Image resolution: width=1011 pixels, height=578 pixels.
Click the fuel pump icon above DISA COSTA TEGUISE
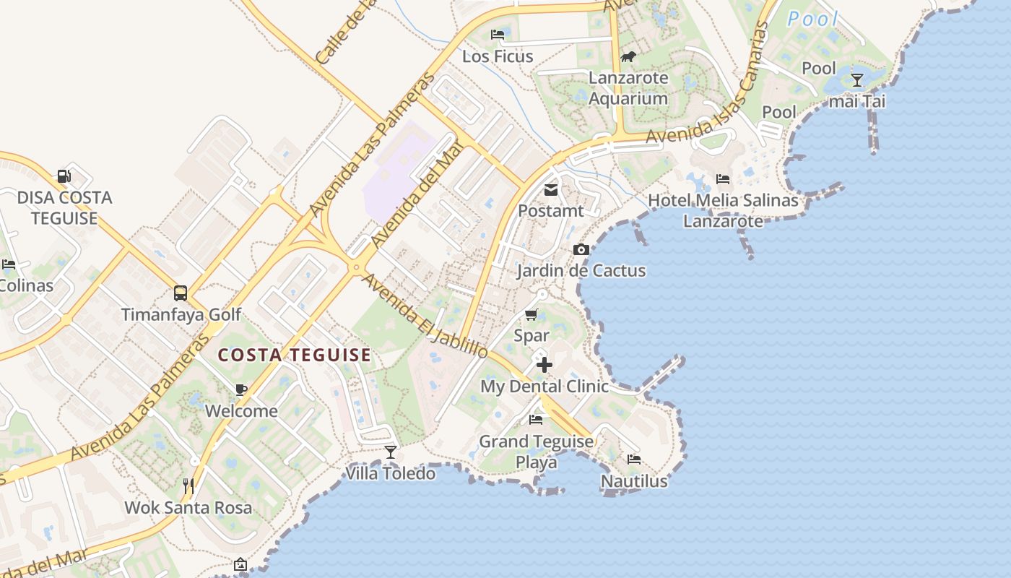pos(64,176)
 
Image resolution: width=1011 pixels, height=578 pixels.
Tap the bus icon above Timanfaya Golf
pos(181,293)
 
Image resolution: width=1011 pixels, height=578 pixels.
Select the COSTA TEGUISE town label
pos(295,355)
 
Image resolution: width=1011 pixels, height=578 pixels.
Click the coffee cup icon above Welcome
pos(241,390)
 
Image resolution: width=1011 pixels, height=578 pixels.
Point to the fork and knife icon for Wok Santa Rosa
pos(188,486)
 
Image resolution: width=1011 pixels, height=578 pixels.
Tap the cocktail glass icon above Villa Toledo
pos(391,452)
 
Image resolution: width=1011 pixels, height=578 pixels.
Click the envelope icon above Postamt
pos(551,190)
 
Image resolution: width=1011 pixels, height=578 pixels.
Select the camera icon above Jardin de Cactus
pos(581,250)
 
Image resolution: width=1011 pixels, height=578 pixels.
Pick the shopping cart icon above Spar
pos(531,314)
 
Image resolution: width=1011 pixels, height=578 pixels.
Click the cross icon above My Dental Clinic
pos(544,365)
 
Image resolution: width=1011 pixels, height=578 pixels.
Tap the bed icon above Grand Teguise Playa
pos(536,419)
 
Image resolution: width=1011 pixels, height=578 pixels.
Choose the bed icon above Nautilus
pos(634,460)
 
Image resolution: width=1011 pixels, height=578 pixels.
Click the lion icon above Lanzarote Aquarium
pos(628,56)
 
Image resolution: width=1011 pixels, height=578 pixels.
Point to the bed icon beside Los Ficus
pos(498,34)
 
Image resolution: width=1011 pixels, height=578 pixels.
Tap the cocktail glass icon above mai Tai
pos(857,79)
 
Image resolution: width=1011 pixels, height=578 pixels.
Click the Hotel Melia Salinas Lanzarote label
pos(723,210)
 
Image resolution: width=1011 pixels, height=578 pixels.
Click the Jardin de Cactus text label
pos(581,271)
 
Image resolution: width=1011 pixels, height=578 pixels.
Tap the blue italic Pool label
pos(812,20)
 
